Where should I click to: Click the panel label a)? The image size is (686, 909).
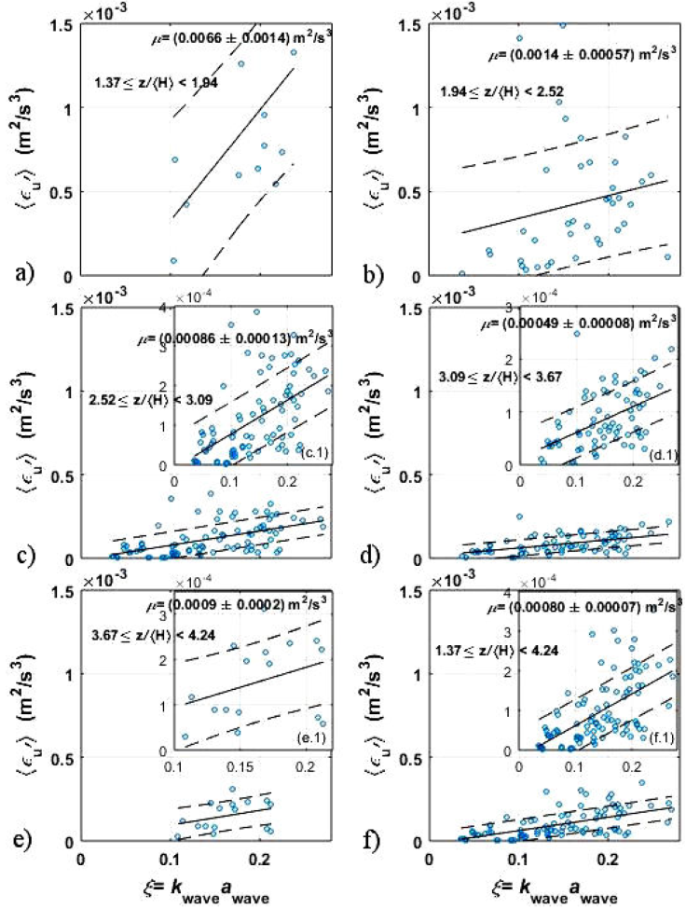point(21,273)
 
